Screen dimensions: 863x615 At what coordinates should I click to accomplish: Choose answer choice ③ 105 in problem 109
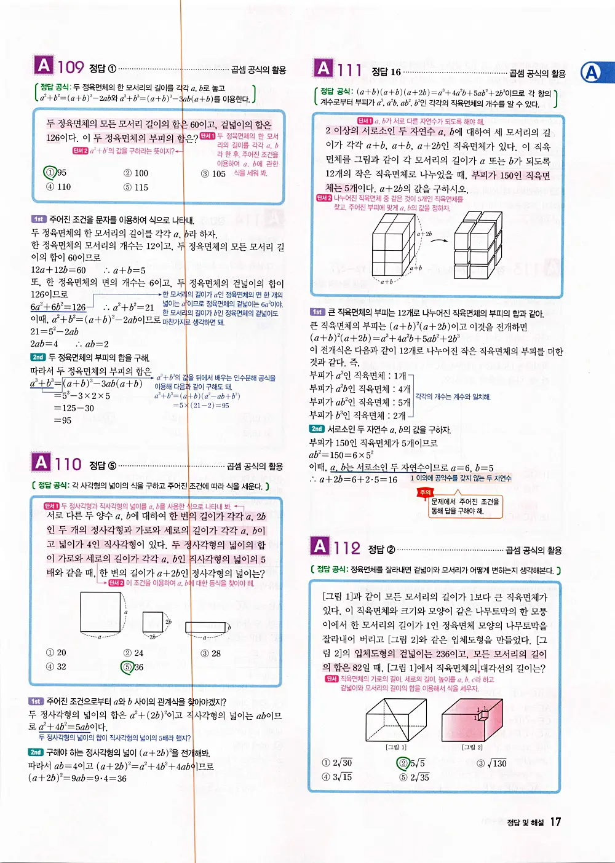point(213,173)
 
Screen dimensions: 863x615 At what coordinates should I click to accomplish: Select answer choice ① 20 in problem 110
point(56,653)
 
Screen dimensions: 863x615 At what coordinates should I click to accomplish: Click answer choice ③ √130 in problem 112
point(492,763)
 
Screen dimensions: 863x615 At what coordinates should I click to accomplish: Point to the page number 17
point(555,822)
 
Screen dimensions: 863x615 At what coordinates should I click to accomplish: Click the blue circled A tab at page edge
point(592,73)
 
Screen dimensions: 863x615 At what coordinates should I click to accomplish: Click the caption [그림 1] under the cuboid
point(395,747)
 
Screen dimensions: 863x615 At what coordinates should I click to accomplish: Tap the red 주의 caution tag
point(425,492)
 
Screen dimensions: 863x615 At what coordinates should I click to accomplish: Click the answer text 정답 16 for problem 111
point(386,72)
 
